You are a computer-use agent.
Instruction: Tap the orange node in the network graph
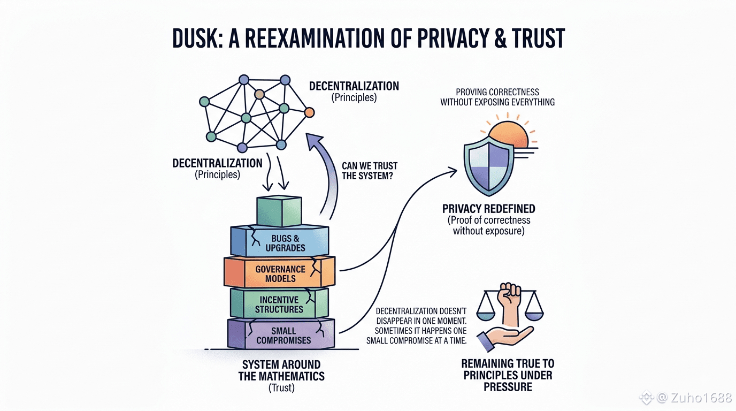(x=309, y=113)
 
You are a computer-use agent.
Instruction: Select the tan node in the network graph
(x=259, y=95)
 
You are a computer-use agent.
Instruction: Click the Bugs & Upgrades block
(x=280, y=241)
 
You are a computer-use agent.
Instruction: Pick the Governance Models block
(x=280, y=272)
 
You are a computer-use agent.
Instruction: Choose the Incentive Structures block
(x=280, y=303)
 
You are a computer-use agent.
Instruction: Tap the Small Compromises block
(x=281, y=334)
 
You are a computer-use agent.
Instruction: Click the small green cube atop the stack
(x=279, y=211)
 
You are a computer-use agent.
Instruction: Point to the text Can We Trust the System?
(x=370, y=171)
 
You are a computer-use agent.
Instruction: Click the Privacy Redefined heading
(x=488, y=209)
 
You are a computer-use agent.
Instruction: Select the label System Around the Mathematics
(x=281, y=370)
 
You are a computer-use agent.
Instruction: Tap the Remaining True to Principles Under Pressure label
(x=508, y=375)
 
